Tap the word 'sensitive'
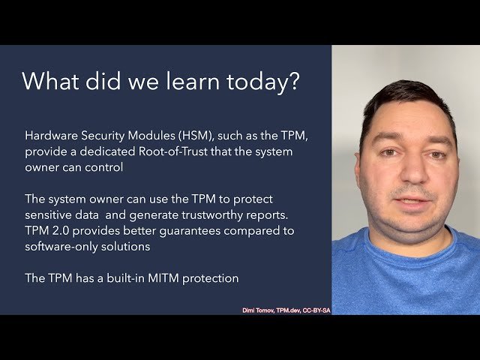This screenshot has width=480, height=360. pos(50,214)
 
